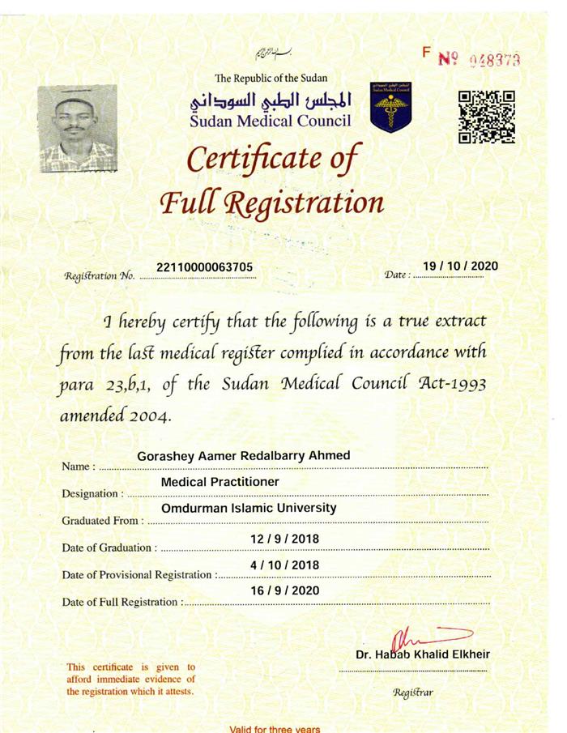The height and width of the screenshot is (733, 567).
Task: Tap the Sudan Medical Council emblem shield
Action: point(390,106)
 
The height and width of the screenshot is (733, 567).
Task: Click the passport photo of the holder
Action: point(78,127)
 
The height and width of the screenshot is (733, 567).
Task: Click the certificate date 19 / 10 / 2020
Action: point(460,266)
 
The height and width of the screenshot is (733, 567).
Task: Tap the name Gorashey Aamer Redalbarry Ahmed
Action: point(244,456)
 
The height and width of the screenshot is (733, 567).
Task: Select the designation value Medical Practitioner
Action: point(220,482)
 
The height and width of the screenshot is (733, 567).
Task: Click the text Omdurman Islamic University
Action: point(249,508)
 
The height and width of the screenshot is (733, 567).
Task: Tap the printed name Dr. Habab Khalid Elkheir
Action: point(422,654)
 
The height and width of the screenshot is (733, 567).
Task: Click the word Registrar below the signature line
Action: point(413,693)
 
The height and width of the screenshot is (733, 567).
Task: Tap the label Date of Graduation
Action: point(107,548)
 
